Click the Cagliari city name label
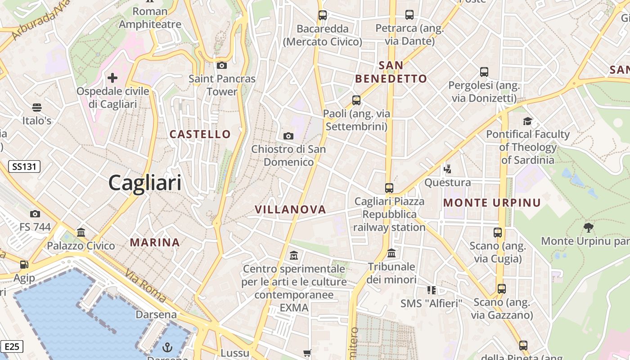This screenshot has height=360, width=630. [145, 183]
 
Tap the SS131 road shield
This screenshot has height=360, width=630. [25, 167]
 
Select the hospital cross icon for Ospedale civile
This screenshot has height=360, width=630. [112, 78]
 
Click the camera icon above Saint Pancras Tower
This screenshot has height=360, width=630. [222, 66]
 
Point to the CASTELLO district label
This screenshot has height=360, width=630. [200, 134]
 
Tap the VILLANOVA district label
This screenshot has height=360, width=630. [290, 209]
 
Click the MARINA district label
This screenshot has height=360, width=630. [155, 243]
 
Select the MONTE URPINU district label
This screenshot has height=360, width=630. [491, 203]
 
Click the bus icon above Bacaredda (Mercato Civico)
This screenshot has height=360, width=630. [323, 15]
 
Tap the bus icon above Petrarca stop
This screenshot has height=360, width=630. [409, 15]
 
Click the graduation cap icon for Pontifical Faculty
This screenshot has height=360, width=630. [527, 121]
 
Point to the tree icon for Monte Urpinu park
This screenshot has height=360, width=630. [588, 227]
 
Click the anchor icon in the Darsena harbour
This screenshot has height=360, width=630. [167, 347]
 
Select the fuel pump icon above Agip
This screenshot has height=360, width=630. [24, 265]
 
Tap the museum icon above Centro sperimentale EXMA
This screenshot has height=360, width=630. [294, 255]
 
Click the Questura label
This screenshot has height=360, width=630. [447, 183]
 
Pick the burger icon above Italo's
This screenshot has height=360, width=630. [37, 108]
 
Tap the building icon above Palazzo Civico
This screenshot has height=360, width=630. [81, 232]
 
